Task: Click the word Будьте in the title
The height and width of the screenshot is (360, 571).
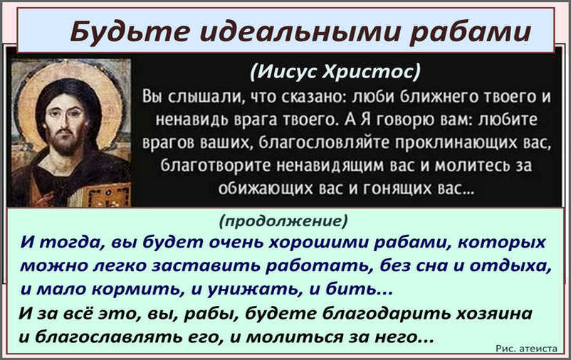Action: (x=130, y=31)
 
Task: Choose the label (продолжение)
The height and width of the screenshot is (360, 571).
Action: (x=283, y=221)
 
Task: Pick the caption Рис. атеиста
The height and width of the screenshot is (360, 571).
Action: (x=527, y=349)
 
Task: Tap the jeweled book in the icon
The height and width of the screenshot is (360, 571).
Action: (x=110, y=196)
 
